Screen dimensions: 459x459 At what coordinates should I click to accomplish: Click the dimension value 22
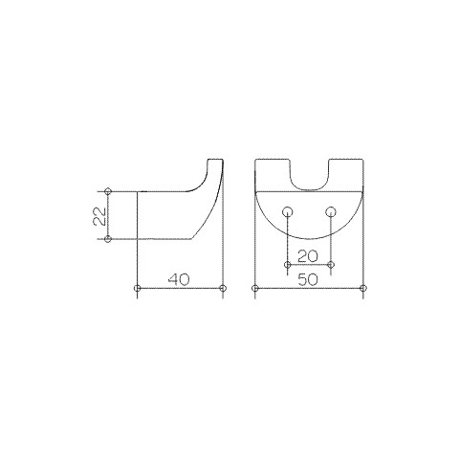[99, 216]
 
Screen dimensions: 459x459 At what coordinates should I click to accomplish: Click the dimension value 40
[179, 279]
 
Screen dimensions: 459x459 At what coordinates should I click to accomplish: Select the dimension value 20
[308, 256]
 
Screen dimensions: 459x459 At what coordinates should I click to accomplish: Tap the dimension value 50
[308, 280]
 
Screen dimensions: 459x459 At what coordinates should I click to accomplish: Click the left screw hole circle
[288, 211]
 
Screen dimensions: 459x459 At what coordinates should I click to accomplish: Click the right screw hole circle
[331, 211]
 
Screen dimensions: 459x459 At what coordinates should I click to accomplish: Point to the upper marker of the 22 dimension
[108, 191]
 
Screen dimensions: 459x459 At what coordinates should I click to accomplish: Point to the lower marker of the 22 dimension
[108, 239]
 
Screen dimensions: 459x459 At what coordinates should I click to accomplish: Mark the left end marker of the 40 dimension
[138, 288]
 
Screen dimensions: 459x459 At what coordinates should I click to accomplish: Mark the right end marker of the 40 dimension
[223, 288]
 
